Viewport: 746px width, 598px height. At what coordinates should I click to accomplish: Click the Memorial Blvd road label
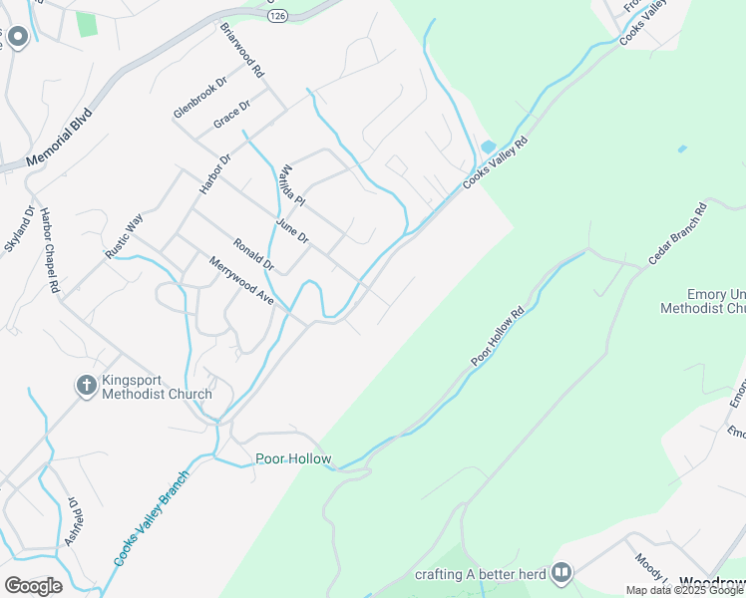click(x=59, y=137)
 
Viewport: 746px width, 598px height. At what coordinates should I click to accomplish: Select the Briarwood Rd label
click(x=241, y=51)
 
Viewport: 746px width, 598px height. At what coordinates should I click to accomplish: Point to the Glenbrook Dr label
click(x=200, y=97)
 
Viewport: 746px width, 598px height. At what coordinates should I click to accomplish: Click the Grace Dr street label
click(x=231, y=116)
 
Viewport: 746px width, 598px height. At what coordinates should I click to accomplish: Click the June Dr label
click(x=293, y=232)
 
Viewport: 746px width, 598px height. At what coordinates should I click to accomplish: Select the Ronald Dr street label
click(x=253, y=254)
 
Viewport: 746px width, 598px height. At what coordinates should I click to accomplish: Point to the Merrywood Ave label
click(x=240, y=280)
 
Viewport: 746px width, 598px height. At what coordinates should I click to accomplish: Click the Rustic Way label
click(x=125, y=237)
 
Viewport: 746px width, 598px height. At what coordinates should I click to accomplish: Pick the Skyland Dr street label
click(x=19, y=229)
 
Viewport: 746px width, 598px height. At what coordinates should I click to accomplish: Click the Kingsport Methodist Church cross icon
click(x=86, y=384)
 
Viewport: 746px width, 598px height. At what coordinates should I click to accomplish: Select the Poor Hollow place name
click(x=293, y=459)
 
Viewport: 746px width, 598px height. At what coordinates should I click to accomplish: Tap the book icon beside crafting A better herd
click(x=562, y=572)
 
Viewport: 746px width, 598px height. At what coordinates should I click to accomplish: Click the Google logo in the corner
click(x=33, y=585)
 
